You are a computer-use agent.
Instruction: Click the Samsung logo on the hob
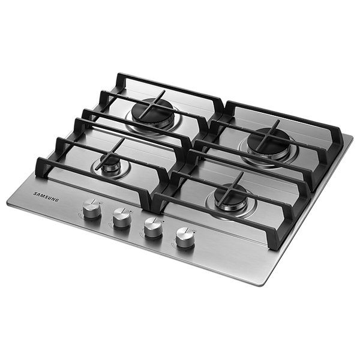click(x=46, y=197)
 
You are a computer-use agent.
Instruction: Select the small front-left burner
click(x=110, y=164)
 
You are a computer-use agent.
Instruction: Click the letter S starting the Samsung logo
click(x=35, y=194)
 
